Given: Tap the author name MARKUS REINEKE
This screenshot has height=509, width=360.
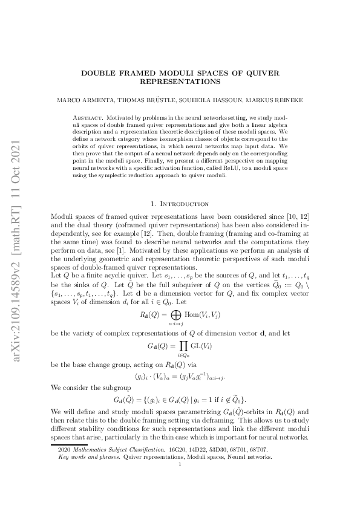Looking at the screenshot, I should (x=280, y=98).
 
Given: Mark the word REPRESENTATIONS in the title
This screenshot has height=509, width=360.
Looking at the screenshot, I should (x=179, y=80).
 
